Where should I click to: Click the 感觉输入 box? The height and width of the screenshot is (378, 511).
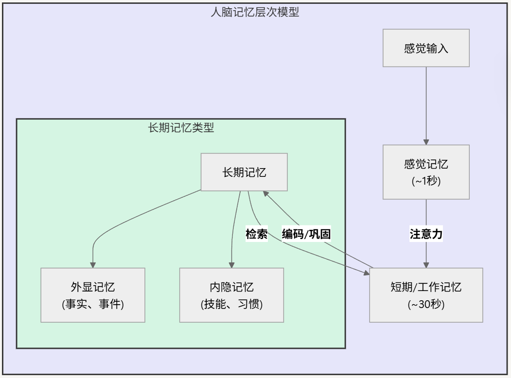coord(426,48)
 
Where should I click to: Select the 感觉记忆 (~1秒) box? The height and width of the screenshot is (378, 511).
coord(426,172)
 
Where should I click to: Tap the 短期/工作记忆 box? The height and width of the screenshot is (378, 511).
coord(426,295)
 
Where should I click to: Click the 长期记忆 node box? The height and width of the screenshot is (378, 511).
coord(244,172)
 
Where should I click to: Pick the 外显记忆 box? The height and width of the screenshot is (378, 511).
coord(92,295)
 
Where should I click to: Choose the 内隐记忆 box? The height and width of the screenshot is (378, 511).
coord(231,295)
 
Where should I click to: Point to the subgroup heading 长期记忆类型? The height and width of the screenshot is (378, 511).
coord(181,128)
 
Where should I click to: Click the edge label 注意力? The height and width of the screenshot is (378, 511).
coord(426,234)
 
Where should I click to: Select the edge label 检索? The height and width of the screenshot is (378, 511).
coord(256,234)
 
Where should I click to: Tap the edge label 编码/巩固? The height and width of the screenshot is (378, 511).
coord(306,234)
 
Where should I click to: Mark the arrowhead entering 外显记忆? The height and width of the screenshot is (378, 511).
coord(92,264)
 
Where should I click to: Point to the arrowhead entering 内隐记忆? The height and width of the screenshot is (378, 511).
coord(231,264)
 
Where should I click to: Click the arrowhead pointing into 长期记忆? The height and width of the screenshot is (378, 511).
coord(266,193)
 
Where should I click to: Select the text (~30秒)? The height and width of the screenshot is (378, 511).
coord(426,305)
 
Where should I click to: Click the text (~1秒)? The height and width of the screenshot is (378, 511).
coord(426,182)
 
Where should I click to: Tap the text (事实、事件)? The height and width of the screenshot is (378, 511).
coord(92,305)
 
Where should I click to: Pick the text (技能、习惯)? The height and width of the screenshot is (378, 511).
coord(231,305)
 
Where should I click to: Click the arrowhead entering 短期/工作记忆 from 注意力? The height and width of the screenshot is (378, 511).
coord(426,264)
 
